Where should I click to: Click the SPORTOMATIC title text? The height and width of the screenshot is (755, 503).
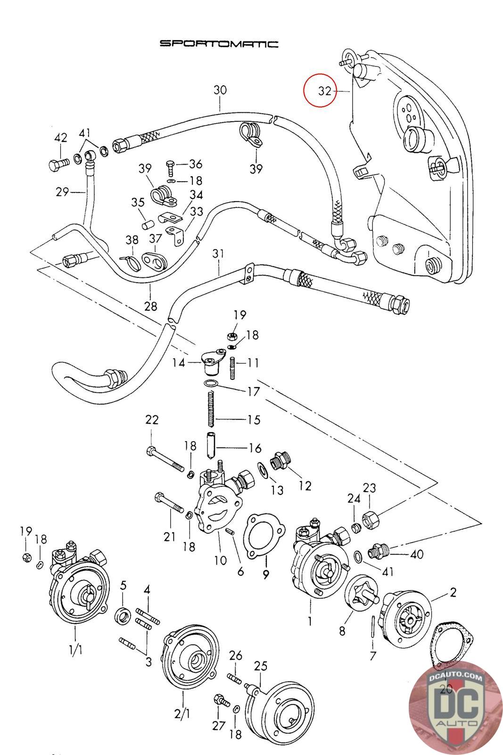tap(219, 44)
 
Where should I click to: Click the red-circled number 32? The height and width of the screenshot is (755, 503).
tap(324, 91)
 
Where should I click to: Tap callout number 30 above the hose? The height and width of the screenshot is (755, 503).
tap(220, 90)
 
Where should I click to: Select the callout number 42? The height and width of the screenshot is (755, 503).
tap(61, 137)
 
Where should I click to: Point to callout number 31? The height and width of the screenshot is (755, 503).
tap(218, 254)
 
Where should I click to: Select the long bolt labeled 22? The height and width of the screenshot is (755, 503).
tap(165, 458)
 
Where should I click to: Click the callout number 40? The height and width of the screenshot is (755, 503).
tap(417, 554)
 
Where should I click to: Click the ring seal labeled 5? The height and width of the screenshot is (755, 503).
tap(123, 616)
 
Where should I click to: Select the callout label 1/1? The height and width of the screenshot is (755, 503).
tap(75, 650)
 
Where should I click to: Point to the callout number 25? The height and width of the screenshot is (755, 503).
tap(261, 666)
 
